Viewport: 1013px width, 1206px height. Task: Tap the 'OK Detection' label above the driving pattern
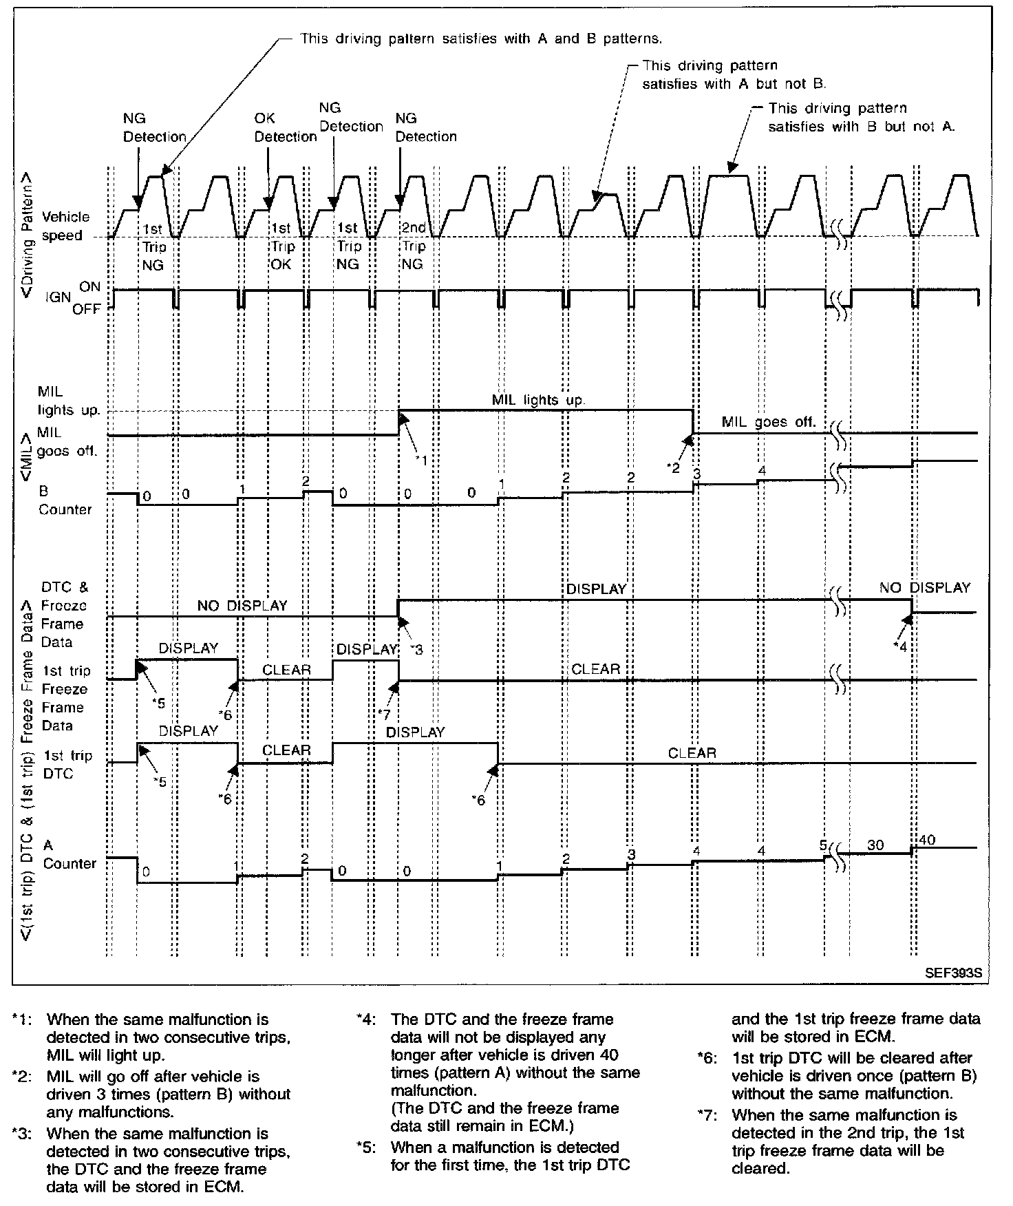coord(285,127)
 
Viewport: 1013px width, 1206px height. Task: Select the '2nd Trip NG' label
coord(413,246)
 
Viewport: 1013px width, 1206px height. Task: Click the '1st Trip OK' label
coord(281,246)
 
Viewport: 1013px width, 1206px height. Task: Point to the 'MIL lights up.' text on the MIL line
coord(539,400)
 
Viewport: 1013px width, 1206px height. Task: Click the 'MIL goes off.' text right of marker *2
coord(768,422)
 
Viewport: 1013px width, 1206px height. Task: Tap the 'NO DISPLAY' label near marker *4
coord(924,588)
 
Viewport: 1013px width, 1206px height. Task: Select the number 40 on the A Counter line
coord(928,840)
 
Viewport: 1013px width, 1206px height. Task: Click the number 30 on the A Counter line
coord(875,845)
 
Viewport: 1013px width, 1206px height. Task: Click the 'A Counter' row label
coord(69,854)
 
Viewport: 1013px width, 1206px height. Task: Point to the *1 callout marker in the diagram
coord(420,460)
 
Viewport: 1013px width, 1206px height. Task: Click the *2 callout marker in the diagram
coord(672,467)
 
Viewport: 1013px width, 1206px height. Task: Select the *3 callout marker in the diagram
coord(416,649)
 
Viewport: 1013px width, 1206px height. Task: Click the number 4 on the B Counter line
coord(760,471)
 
